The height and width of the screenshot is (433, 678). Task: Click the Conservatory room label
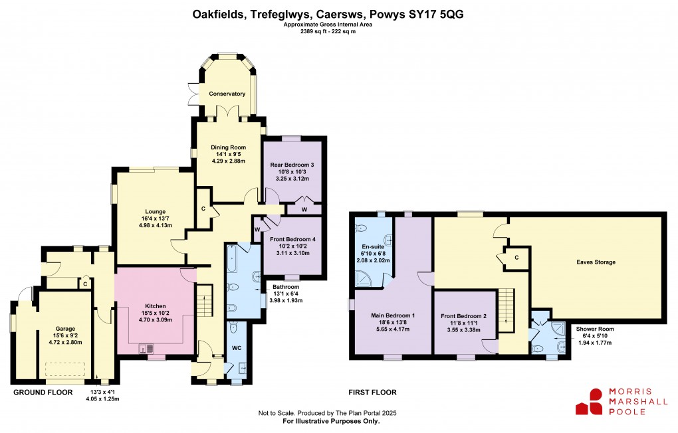pos(227,94)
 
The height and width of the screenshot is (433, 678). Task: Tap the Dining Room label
pos(229,147)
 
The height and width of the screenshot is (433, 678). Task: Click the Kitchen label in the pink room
pos(156,306)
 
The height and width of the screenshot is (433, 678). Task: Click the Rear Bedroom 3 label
pos(292,164)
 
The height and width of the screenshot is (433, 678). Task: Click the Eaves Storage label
pos(596,262)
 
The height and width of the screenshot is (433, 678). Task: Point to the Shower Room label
pos(596,329)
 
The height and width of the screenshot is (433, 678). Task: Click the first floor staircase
pos(507,311)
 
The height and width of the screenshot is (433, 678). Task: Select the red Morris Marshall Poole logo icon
pos(588,401)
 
